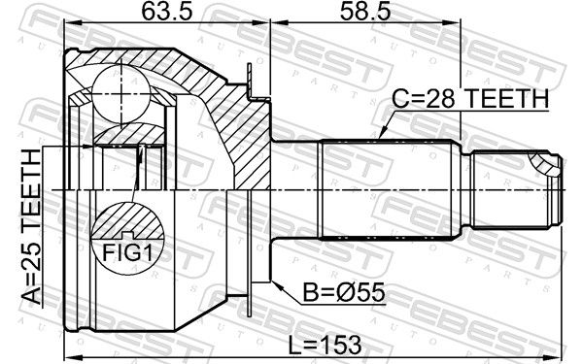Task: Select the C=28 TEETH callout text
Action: tap(470, 99)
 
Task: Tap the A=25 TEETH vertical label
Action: tap(31, 226)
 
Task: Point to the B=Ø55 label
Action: tap(344, 292)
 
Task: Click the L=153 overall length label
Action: tap(325, 344)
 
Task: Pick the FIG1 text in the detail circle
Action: tap(127, 253)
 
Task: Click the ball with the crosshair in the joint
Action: tap(121, 94)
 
